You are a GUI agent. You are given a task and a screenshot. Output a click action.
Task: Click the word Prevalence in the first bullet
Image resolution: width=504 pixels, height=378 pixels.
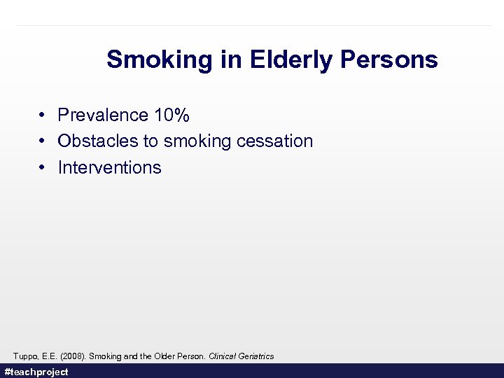(103, 115)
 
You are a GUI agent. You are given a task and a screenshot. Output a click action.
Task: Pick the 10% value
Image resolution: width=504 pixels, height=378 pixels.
(171, 115)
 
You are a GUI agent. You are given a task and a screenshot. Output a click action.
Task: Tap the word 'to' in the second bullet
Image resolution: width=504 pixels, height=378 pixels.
(150, 141)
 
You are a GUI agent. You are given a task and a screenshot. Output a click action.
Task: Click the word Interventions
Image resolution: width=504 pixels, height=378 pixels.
(109, 168)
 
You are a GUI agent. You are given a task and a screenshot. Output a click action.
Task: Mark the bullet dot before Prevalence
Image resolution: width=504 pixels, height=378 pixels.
(43, 115)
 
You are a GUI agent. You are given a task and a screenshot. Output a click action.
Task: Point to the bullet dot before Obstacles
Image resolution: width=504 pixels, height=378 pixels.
(43, 141)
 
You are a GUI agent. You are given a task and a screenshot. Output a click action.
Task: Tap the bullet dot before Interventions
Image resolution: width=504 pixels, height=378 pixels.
(43, 168)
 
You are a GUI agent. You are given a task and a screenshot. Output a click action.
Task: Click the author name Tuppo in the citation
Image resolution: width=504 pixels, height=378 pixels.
(24, 356)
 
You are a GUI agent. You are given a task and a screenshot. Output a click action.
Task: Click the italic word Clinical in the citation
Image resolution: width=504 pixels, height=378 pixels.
(223, 356)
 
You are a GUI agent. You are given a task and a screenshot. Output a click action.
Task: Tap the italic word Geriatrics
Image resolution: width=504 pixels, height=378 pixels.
(257, 356)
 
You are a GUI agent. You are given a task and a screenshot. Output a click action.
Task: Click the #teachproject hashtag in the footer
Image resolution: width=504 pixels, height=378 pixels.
(36, 372)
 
